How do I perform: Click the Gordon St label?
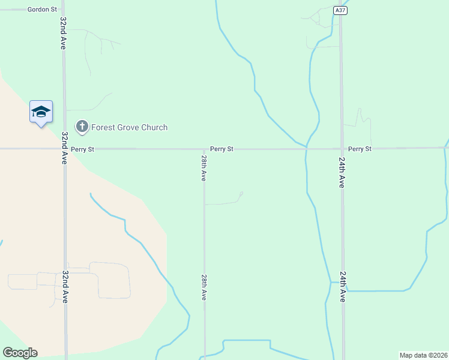click(42, 10)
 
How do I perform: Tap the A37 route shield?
click(340, 10)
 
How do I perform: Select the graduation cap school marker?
click(41, 112)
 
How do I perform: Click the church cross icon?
click(82, 127)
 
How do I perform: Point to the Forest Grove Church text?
click(129, 127)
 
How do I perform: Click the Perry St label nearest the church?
click(82, 149)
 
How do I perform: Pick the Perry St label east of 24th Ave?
click(360, 148)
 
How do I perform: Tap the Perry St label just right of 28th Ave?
click(221, 148)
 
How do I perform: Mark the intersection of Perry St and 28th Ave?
click(204, 148)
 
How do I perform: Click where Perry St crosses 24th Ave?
click(342, 148)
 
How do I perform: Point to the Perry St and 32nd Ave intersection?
click(64, 148)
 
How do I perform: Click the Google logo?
click(20, 353)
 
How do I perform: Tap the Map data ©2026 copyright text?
click(423, 355)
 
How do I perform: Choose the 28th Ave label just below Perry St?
click(204, 168)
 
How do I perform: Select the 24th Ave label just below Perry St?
click(342, 173)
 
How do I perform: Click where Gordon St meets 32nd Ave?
click(63, 10)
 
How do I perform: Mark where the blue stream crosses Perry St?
click(306, 148)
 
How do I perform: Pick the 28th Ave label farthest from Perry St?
click(204, 286)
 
